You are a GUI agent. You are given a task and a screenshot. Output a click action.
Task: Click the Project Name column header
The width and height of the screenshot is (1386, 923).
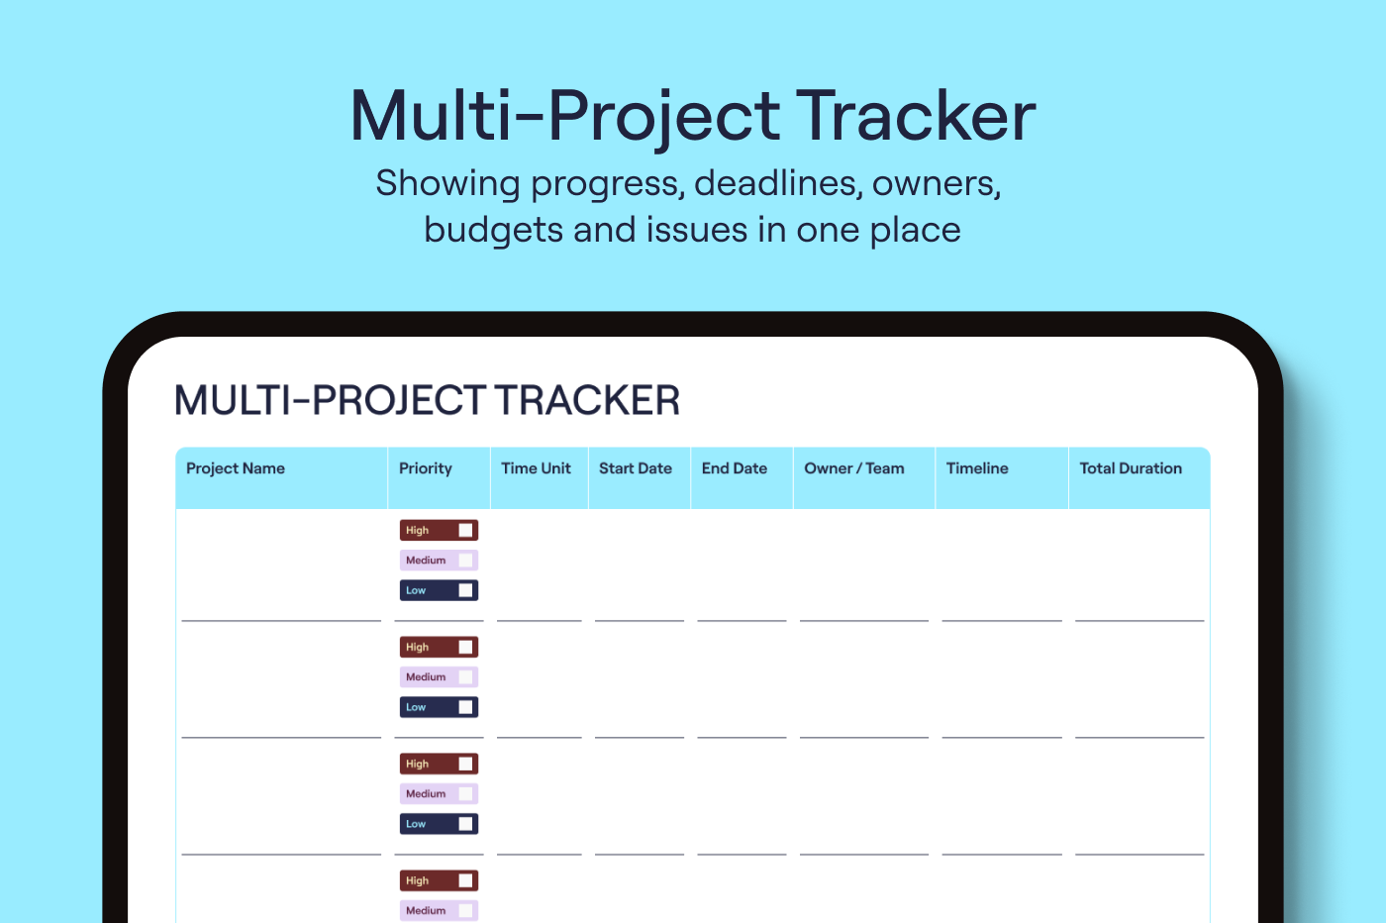pos(236,468)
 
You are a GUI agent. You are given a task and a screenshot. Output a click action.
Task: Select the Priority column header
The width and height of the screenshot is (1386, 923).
pos(425,468)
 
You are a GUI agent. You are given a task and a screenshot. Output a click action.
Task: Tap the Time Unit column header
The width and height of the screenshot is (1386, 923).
pos(536,468)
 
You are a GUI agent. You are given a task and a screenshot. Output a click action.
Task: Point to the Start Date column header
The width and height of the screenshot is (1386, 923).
pos(635,468)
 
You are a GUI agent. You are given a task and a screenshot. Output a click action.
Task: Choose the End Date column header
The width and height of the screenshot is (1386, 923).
pos(734,468)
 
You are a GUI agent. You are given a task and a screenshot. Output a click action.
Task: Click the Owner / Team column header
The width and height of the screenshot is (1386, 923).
pos(853,468)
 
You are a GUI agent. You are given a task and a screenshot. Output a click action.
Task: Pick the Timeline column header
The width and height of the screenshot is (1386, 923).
pos(977,468)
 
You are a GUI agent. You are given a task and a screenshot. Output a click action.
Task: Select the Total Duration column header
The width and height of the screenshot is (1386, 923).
pos(1131,468)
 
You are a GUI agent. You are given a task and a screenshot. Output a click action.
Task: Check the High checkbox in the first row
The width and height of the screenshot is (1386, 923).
pos(465,531)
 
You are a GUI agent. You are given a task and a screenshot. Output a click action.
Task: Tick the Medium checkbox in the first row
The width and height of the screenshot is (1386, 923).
pos(465,561)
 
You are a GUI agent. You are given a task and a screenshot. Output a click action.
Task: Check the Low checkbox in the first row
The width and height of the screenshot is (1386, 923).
pos(465,590)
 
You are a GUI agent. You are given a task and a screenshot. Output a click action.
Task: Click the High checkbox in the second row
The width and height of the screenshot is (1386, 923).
pos(465,648)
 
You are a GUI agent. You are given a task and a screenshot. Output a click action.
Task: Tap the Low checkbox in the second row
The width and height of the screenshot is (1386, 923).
pos(465,707)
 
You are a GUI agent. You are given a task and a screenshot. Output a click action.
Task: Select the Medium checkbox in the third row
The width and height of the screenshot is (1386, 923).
pos(465,793)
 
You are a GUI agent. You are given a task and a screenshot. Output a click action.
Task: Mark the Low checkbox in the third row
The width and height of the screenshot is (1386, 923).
pos(465,824)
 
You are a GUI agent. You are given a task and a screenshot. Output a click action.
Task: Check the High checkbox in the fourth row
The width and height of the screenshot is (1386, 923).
pos(465,880)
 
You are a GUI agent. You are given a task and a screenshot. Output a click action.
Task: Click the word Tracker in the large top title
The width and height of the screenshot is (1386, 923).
pos(916,116)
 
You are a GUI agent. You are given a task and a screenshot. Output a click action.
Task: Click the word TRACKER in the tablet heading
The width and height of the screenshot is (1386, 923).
pos(587,400)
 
